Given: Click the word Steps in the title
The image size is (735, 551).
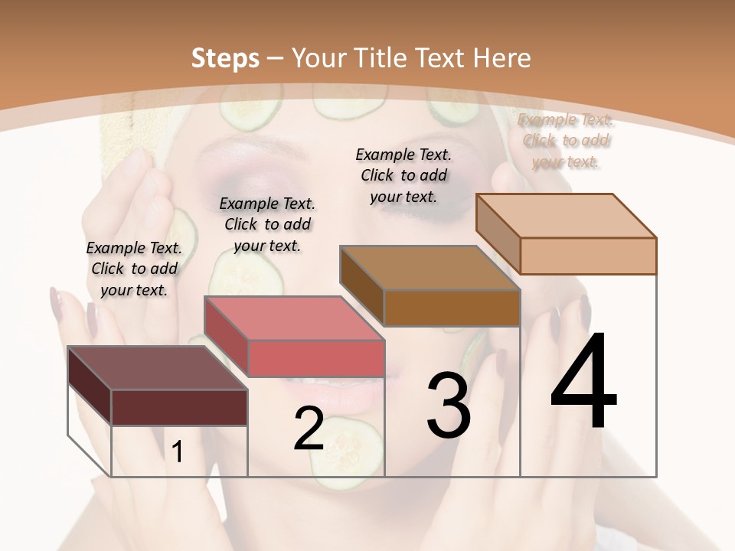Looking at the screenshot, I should (x=225, y=58).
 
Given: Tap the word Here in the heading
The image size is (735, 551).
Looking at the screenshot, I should (x=501, y=58).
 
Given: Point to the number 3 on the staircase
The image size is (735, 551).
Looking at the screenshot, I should (x=448, y=406).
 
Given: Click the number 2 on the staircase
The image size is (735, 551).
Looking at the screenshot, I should (x=309, y=429).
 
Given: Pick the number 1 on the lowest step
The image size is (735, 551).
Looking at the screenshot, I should (x=178, y=452).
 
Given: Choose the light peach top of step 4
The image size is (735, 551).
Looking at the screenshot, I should (x=566, y=216).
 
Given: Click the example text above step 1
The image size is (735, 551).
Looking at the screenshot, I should (x=134, y=269).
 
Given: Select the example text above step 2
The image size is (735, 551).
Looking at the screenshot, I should (x=267, y=224).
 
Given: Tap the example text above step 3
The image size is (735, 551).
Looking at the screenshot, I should (x=403, y=174).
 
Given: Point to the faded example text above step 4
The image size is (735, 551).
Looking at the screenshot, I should (x=567, y=140).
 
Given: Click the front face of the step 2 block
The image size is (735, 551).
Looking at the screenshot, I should (x=315, y=358).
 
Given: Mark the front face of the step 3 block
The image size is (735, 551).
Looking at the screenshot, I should (x=452, y=308).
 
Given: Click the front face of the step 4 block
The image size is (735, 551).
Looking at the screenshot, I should (x=588, y=256).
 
